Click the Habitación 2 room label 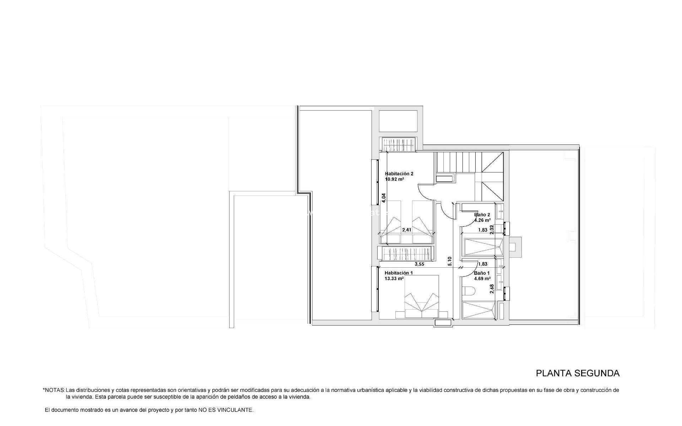[x=399, y=174]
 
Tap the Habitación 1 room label [x=399, y=273]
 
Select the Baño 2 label [x=482, y=215]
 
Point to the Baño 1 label [x=482, y=273]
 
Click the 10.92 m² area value [x=394, y=179]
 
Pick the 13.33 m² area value [x=394, y=279]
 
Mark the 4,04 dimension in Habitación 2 [x=384, y=198]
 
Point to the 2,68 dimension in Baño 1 [x=492, y=289]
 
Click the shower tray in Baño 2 [x=482, y=247]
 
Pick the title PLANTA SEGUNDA [x=578, y=373]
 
